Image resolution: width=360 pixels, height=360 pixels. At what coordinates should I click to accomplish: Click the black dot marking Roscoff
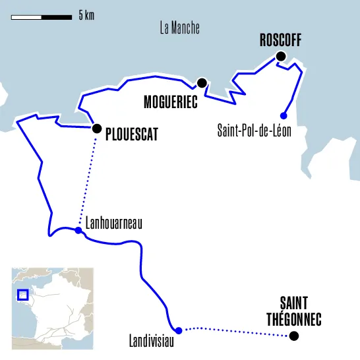(282, 57)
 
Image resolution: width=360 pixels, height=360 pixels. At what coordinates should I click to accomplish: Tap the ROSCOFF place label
(280, 40)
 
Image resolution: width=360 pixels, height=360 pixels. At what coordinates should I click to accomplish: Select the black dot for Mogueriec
(202, 83)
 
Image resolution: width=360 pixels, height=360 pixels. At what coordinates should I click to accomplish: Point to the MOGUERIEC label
(171, 102)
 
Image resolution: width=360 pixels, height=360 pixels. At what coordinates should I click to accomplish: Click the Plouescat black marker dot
(97, 129)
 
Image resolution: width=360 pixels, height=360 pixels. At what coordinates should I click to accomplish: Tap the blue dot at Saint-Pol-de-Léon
(284, 115)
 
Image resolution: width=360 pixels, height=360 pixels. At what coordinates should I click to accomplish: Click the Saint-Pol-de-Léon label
(254, 131)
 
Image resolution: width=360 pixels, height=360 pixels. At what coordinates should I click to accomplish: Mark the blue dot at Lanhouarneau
(78, 230)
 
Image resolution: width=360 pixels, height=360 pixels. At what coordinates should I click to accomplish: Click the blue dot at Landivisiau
(178, 329)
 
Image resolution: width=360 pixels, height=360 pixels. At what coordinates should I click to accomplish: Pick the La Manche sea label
(179, 28)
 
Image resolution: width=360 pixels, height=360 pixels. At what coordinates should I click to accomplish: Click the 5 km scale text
(86, 15)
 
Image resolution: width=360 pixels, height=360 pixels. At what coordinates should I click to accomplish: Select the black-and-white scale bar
(41, 16)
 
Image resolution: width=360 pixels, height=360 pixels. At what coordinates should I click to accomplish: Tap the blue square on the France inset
(22, 295)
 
